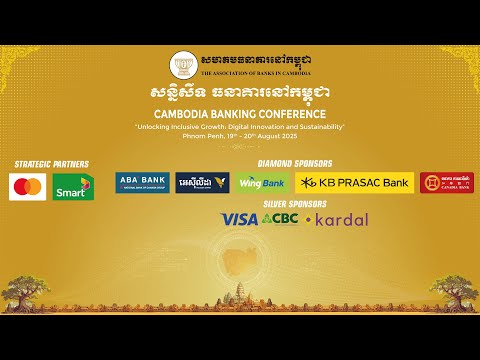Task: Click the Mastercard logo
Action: (28, 186)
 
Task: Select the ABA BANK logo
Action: (142, 182)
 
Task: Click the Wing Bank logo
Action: (263, 182)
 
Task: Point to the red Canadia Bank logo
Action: (446, 182)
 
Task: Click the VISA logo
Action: (239, 219)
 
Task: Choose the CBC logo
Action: (280, 219)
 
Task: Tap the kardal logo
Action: (337, 219)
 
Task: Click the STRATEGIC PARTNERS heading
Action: (51, 164)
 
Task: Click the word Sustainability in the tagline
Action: (317, 127)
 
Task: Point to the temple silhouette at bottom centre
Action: (240, 289)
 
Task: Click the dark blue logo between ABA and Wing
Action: (202, 182)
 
